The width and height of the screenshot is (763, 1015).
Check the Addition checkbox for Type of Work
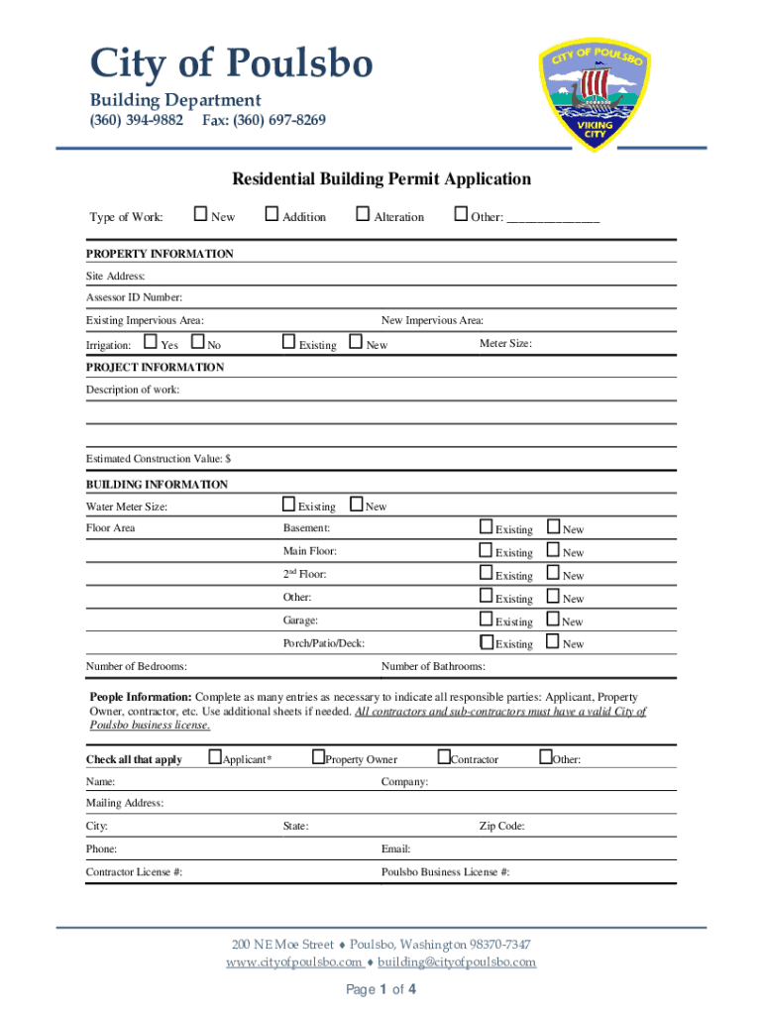point(272,215)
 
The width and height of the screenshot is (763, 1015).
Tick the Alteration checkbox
point(363,215)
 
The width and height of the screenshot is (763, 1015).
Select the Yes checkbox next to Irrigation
point(151,343)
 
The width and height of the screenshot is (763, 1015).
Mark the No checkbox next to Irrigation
point(197,343)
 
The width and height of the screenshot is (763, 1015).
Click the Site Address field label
point(116,276)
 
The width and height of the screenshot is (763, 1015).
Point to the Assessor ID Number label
point(134,297)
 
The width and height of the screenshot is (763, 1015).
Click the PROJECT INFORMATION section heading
point(155,368)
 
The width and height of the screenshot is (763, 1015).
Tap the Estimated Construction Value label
point(159,459)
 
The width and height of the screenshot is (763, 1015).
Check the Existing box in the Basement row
point(487,527)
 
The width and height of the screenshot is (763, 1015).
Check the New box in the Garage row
point(554,620)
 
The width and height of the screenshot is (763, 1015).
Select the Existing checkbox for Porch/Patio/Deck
point(487,642)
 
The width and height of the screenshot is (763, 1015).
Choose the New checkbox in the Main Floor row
point(554,550)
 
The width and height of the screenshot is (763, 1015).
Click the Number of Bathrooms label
point(433,667)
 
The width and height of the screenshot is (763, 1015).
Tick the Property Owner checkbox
point(318,758)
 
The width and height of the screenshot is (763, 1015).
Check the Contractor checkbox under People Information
point(444,758)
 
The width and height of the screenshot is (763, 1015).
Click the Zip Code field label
point(502,827)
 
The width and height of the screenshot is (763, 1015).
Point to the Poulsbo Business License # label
point(446,872)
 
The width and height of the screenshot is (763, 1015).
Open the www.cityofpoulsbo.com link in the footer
point(293,962)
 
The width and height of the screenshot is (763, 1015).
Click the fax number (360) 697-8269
point(264,121)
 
